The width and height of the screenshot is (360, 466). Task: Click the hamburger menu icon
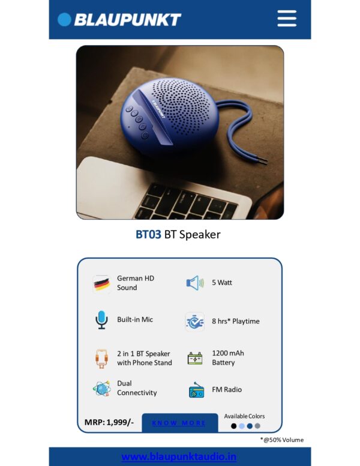tap(287, 19)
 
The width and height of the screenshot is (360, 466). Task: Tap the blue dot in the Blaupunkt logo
tap(64, 20)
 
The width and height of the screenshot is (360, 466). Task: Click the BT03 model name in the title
tap(148, 234)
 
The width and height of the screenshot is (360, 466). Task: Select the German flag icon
tap(101, 284)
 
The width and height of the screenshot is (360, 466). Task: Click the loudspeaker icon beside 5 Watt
tap(195, 283)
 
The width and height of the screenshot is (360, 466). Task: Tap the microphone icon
tap(101, 320)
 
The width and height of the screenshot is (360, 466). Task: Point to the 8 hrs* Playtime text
tap(236, 321)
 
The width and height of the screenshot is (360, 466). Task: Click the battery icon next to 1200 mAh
tap(195, 359)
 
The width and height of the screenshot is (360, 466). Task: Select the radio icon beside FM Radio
tap(196, 390)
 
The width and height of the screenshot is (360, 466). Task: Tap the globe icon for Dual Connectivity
tap(102, 388)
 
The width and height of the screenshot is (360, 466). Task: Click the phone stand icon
tap(101, 359)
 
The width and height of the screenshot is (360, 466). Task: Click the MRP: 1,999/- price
tap(109, 422)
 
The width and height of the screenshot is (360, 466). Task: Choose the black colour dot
tap(234, 426)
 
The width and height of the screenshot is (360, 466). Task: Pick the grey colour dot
tap(257, 426)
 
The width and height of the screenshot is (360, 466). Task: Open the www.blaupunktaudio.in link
tap(179, 456)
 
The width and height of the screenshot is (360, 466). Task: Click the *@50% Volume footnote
tap(282, 440)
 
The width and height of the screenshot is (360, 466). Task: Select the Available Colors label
tap(244, 416)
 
